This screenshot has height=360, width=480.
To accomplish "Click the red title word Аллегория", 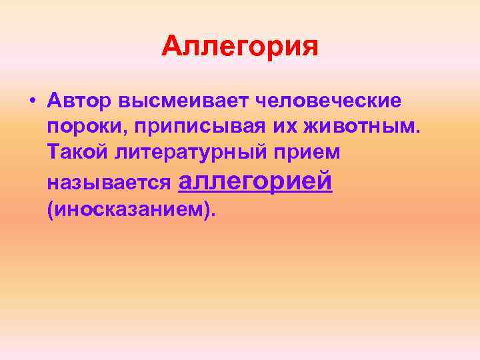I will [x=240, y=47].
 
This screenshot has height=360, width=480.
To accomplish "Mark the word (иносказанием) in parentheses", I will [x=131, y=209].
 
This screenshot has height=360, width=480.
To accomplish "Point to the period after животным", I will [x=420, y=131].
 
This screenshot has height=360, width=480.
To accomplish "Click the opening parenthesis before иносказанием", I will [x=51, y=209].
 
